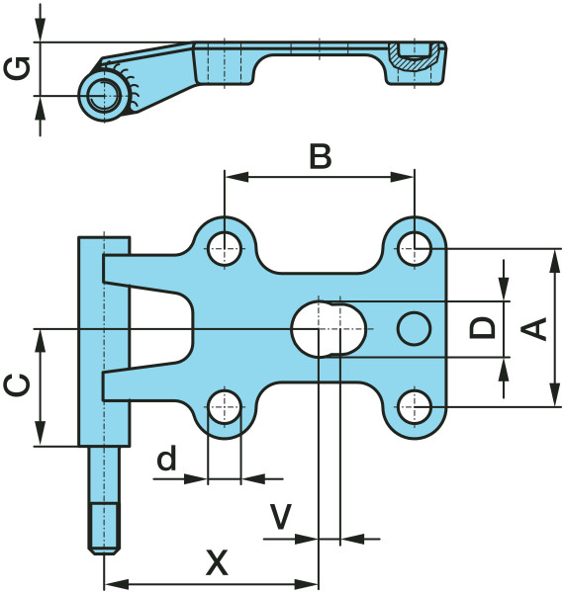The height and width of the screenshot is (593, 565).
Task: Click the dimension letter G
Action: pyautogui.click(x=17, y=68)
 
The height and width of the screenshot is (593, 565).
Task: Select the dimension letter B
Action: pyautogui.click(x=321, y=156)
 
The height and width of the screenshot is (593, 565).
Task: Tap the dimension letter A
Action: pyautogui.click(x=534, y=328)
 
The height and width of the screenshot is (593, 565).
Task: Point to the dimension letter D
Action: pyautogui.click(x=482, y=328)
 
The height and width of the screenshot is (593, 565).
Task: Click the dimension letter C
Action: pyautogui.click(x=17, y=385)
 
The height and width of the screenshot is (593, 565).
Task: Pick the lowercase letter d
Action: pyautogui.click(x=166, y=458)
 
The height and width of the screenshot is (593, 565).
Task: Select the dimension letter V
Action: pyautogui.click(x=280, y=517)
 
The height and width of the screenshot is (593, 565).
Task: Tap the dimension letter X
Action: pyautogui.click(x=217, y=562)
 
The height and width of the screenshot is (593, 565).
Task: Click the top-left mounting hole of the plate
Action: pyautogui.click(x=225, y=249)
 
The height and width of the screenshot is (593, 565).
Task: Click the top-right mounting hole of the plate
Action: pyautogui.click(x=415, y=249)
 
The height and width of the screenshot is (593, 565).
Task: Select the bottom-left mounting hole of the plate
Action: pyautogui.click(x=225, y=407)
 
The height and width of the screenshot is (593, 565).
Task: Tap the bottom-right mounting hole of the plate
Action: pyautogui.click(x=415, y=407)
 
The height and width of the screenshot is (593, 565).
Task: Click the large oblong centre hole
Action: pyautogui.click(x=330, y=329)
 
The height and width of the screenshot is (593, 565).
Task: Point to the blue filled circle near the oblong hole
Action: pyautogui.click(x=414, y=329)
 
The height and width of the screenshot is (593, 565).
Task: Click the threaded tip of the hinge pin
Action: pyautogui.click(x=104, y=529)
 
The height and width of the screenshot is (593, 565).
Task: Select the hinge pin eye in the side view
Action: pyautogui.click(x=104, y=96)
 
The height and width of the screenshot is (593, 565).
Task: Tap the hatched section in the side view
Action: pyautogui.click(x=415, y=56)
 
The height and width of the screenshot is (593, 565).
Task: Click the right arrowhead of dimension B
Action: pyautogui.click(x=403, y=177)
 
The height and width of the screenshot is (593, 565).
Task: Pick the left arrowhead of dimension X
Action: pyautogui.click(x=116, y=583)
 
